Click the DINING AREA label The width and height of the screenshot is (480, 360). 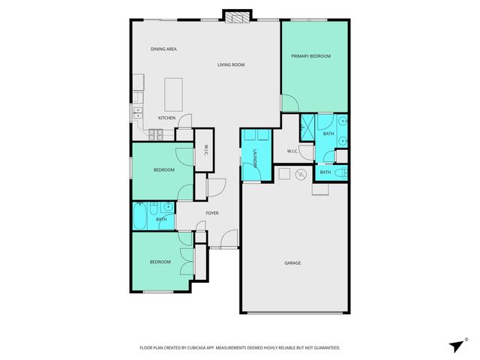click(163, 49)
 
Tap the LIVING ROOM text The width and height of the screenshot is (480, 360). click(231, 64)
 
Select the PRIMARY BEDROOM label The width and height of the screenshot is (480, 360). click(311, 56)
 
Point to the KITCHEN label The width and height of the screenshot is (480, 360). click(166, 118)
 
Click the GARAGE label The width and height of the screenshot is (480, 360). click(292, 262)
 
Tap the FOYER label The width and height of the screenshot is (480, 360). click(212, 214)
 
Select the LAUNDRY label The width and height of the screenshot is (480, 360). click(255, 159)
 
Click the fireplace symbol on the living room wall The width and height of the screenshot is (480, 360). click(234, 16)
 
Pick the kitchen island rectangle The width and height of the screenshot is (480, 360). click(174, 91)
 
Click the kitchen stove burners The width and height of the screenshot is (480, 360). click(155, 135)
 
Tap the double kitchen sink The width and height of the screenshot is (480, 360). click(138, 113)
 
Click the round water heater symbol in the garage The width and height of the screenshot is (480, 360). click(301, 175)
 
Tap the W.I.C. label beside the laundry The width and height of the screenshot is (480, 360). click(293, 151)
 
